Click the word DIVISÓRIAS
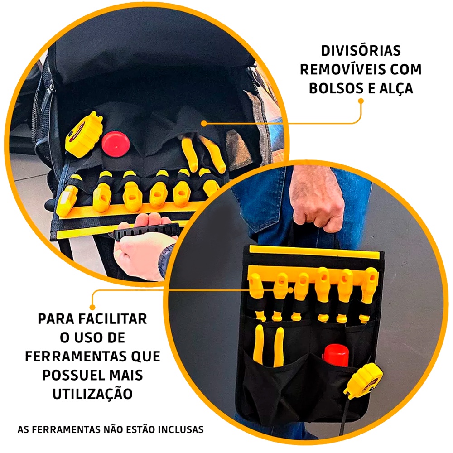[x=361, y=51]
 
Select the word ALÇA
[x=396, y=89]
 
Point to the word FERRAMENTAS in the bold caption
[x=76, y=357]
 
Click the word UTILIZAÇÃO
[x=92, y=394]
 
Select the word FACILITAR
[x=113, y=319]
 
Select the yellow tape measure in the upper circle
[x=83, y=135]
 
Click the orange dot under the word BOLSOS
[x=361, y=101]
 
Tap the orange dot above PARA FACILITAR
[x=92, y=307]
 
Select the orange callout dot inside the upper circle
[x=204, y=124]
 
